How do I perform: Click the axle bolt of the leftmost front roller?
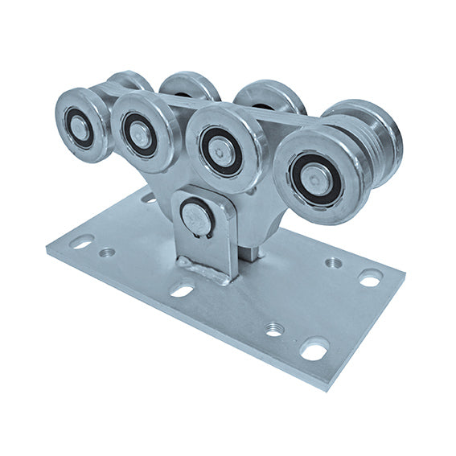(80, 124)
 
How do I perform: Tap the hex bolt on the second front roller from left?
(140, 134)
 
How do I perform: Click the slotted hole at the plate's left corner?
(82, 241)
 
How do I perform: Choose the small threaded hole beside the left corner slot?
(106, 253)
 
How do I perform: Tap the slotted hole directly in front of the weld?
(183, 289)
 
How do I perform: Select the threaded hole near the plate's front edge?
(274, 327)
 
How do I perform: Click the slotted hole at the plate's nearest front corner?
(314, 350)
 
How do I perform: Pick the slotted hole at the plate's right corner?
(369, 278)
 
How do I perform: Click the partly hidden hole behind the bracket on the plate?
(150, 197)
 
